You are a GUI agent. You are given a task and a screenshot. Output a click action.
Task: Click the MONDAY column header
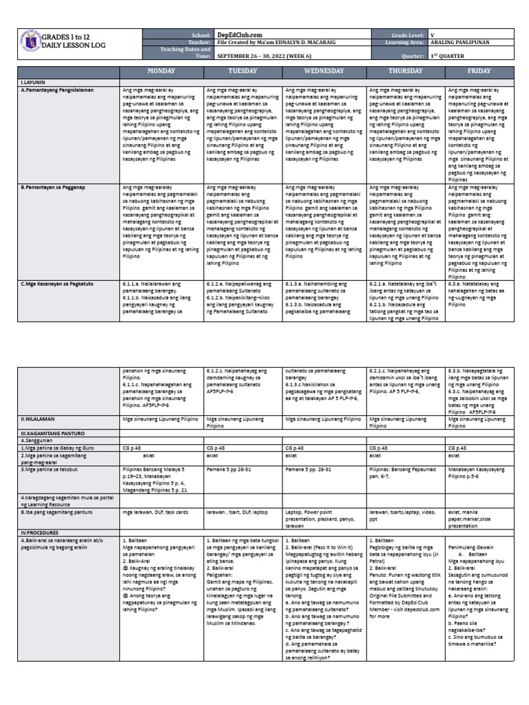(x=161, y=71)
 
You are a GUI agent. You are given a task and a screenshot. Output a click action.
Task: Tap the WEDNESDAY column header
(x=324, y=71)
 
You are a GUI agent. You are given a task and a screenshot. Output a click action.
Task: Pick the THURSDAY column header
(x=406, y=71)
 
